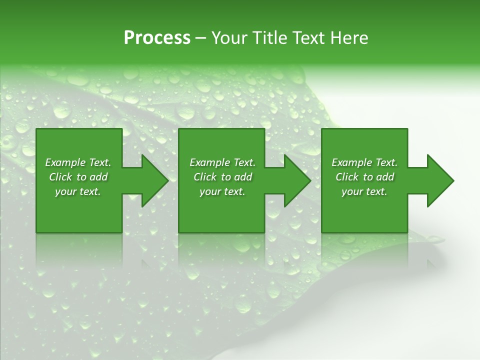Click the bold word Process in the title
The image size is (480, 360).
click(157, 38)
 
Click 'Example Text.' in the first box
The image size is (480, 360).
click(78, 162)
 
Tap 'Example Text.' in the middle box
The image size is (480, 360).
click(222, 162)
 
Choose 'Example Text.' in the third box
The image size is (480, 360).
click(364, 162)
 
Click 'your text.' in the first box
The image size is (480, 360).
click(78, 191)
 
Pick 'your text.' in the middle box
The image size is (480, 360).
click(222, 191)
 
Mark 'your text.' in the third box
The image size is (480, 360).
click(364, 191)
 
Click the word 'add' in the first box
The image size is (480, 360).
click(98, 177)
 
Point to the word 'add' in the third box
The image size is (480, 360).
click(385, 177)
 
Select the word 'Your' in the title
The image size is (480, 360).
click(228, 38)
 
